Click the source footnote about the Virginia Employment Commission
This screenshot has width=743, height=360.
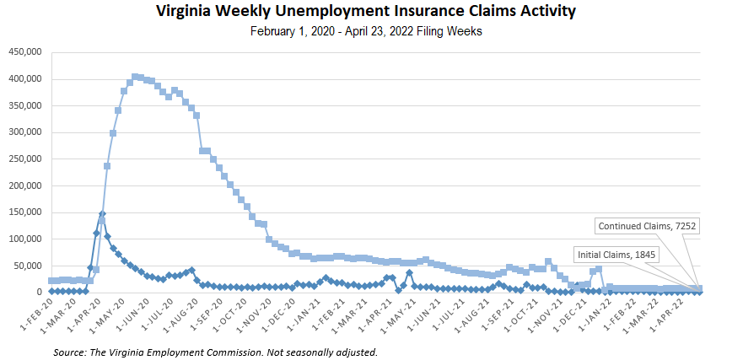pos(214,351)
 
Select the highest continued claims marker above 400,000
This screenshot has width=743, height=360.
pos(135,77)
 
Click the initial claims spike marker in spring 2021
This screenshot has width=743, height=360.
pos(409,273)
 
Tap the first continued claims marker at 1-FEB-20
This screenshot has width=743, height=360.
pos(52,281)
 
